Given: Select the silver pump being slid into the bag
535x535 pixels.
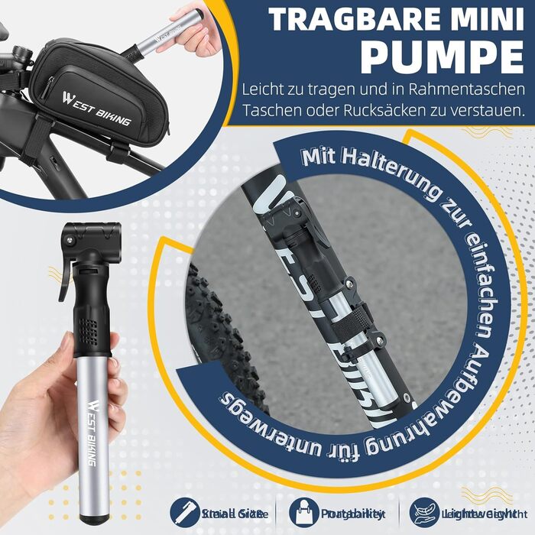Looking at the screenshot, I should (157, 39).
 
